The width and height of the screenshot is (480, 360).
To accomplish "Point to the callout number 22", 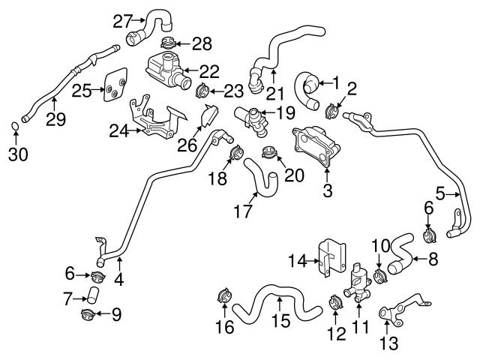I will [209, 71].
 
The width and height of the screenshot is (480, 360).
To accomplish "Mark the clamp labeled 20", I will [271, 155].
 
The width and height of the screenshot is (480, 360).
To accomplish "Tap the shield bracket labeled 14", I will [331, 259].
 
